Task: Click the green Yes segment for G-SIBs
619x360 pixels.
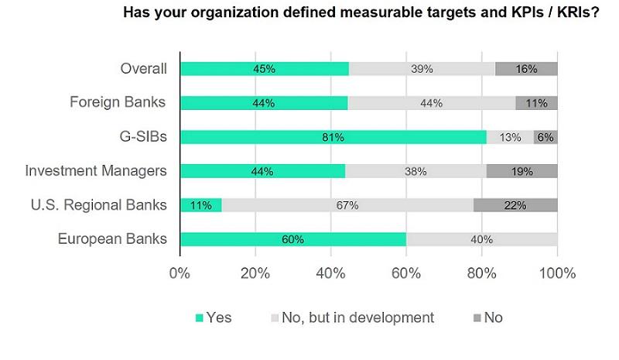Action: pyautogui.click(x=333, y=137)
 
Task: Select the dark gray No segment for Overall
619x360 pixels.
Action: pyautogui.click(x=526, y=69)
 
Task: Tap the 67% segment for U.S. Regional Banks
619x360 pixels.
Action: pyautogui.click(x=347, y=205)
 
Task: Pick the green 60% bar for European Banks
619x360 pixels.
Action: pyautogui.click(x=292, y=239)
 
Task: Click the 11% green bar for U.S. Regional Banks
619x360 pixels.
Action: pyautogui.click(x=200, y=205)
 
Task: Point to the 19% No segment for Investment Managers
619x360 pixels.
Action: pyautogui.click(x=522, y=171)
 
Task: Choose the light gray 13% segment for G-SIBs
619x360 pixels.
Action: pyautogui.click(x=510, y=137)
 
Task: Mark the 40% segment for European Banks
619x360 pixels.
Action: pyautogui.click(x=481, y=239)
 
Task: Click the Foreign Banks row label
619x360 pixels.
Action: pyautogui.click(x=118, y=102)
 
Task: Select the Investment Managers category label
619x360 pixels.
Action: pyautogui.click(x=96, y=170)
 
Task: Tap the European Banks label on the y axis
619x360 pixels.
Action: pyautogui.click(x=112, y=238)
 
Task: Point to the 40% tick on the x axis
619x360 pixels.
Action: pyautogui.click(x=330, y=273)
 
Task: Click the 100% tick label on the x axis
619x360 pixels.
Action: pyautogui.click(x=557, y=273)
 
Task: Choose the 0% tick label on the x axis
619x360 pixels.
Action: pyautogui.click(x=180, y=273)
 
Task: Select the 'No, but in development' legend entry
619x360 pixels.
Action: pyautogui.click(x=351, y=317)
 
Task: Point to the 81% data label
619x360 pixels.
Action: pyautogui.click(x=333, y=137)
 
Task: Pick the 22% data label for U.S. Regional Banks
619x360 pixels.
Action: pyautogui.click(x=515, y=205)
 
